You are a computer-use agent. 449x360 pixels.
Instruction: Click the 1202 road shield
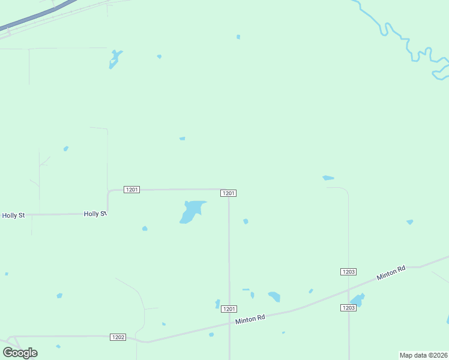(118, 337)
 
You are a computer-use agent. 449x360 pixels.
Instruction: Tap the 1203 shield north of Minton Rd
(348, 272)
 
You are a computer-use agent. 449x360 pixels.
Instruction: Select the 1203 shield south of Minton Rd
(348, 308)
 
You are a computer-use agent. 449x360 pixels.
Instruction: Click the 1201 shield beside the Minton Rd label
(228, 309)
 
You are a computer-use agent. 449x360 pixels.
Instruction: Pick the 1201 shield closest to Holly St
(131, 190)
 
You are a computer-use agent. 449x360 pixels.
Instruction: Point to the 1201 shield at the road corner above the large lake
(228, 193)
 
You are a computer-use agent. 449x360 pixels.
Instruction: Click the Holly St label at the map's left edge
(13, 215)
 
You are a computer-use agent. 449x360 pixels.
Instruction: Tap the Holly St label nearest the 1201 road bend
(95, 214)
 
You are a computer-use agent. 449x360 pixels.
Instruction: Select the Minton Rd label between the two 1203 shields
(391, 273)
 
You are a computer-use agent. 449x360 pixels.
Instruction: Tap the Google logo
(20, 353)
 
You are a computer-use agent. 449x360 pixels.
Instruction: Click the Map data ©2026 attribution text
(423, 355)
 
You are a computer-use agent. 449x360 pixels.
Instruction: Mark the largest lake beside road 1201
(191, 211)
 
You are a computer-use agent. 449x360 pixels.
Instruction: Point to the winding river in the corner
(408, 45)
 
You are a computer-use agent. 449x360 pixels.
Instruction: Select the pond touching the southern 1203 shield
(357, 299)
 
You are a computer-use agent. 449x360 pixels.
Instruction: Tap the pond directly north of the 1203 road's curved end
(328, 178)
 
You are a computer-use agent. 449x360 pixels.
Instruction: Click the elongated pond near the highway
(115, 59)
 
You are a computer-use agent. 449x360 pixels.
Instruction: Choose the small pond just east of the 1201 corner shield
(246, 221)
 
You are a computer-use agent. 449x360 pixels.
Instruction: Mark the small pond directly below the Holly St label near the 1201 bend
(145, 229)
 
